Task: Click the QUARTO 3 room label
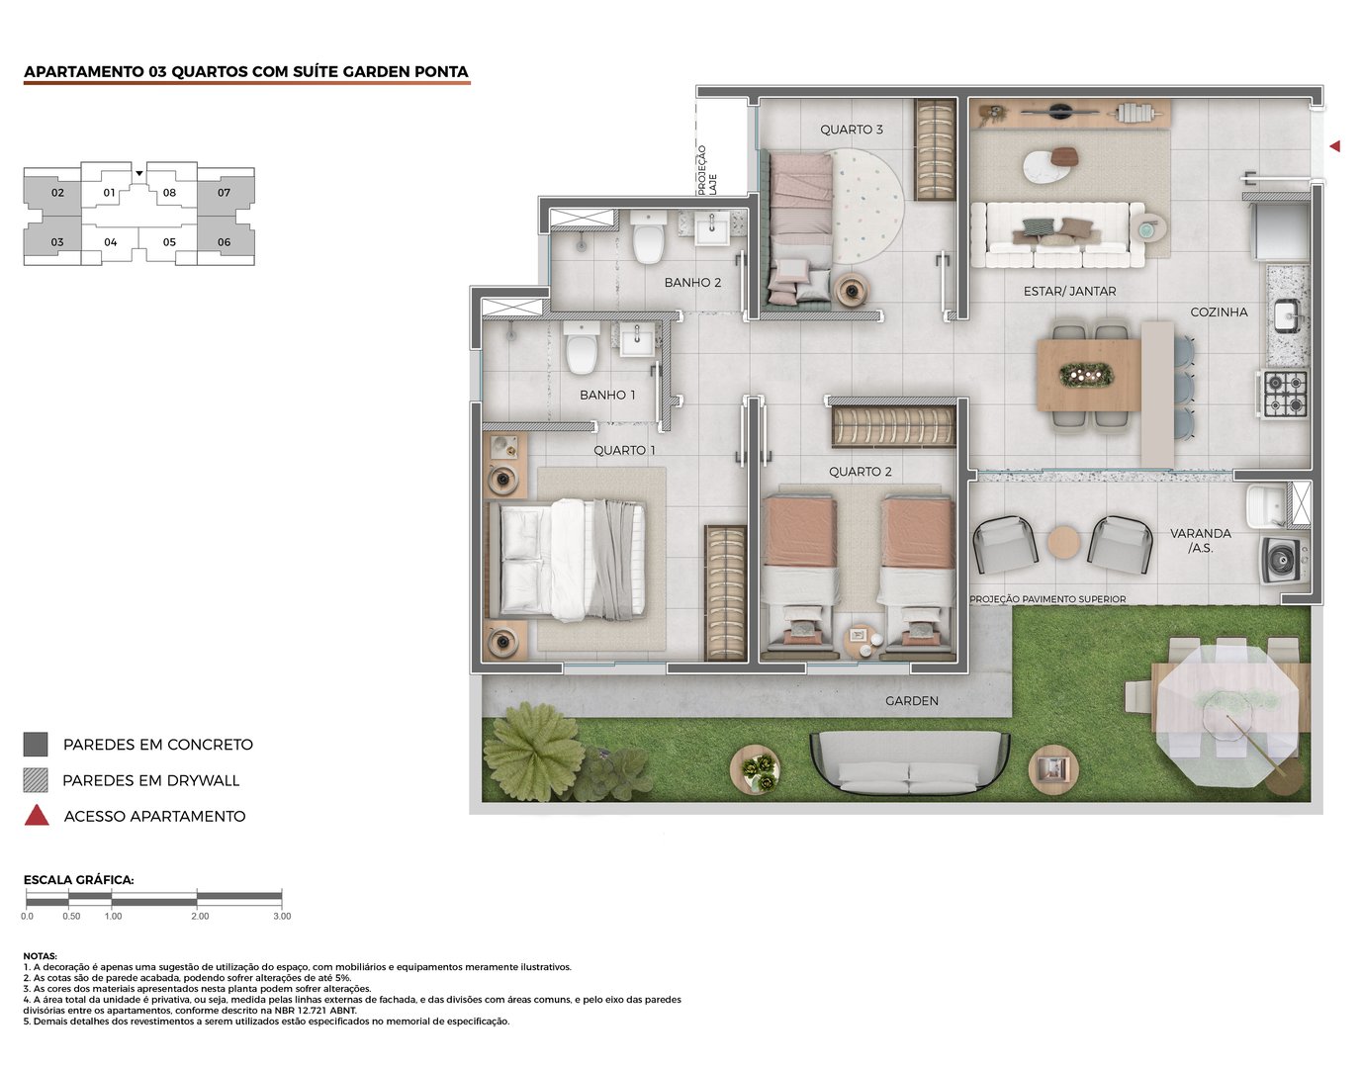(851, 130)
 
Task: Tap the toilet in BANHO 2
(648, 240)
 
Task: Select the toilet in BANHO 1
(582, 351)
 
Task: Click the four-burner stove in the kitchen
(1285, 393)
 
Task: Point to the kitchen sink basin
(1287, 315)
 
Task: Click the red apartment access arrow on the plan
(1334, 146)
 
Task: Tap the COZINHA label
(1219, 311)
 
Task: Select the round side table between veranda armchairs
(1064, 543)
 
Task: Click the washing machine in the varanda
(1285, 560)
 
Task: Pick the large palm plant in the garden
(534, 750)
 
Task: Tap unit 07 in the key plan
(225, 192)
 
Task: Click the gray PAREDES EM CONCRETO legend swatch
(36, 745)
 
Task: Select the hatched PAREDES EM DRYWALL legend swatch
(36, 780)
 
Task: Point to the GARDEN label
(911, 701)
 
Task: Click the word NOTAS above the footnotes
(41, 956)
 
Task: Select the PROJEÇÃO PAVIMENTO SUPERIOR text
(1046, 599)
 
